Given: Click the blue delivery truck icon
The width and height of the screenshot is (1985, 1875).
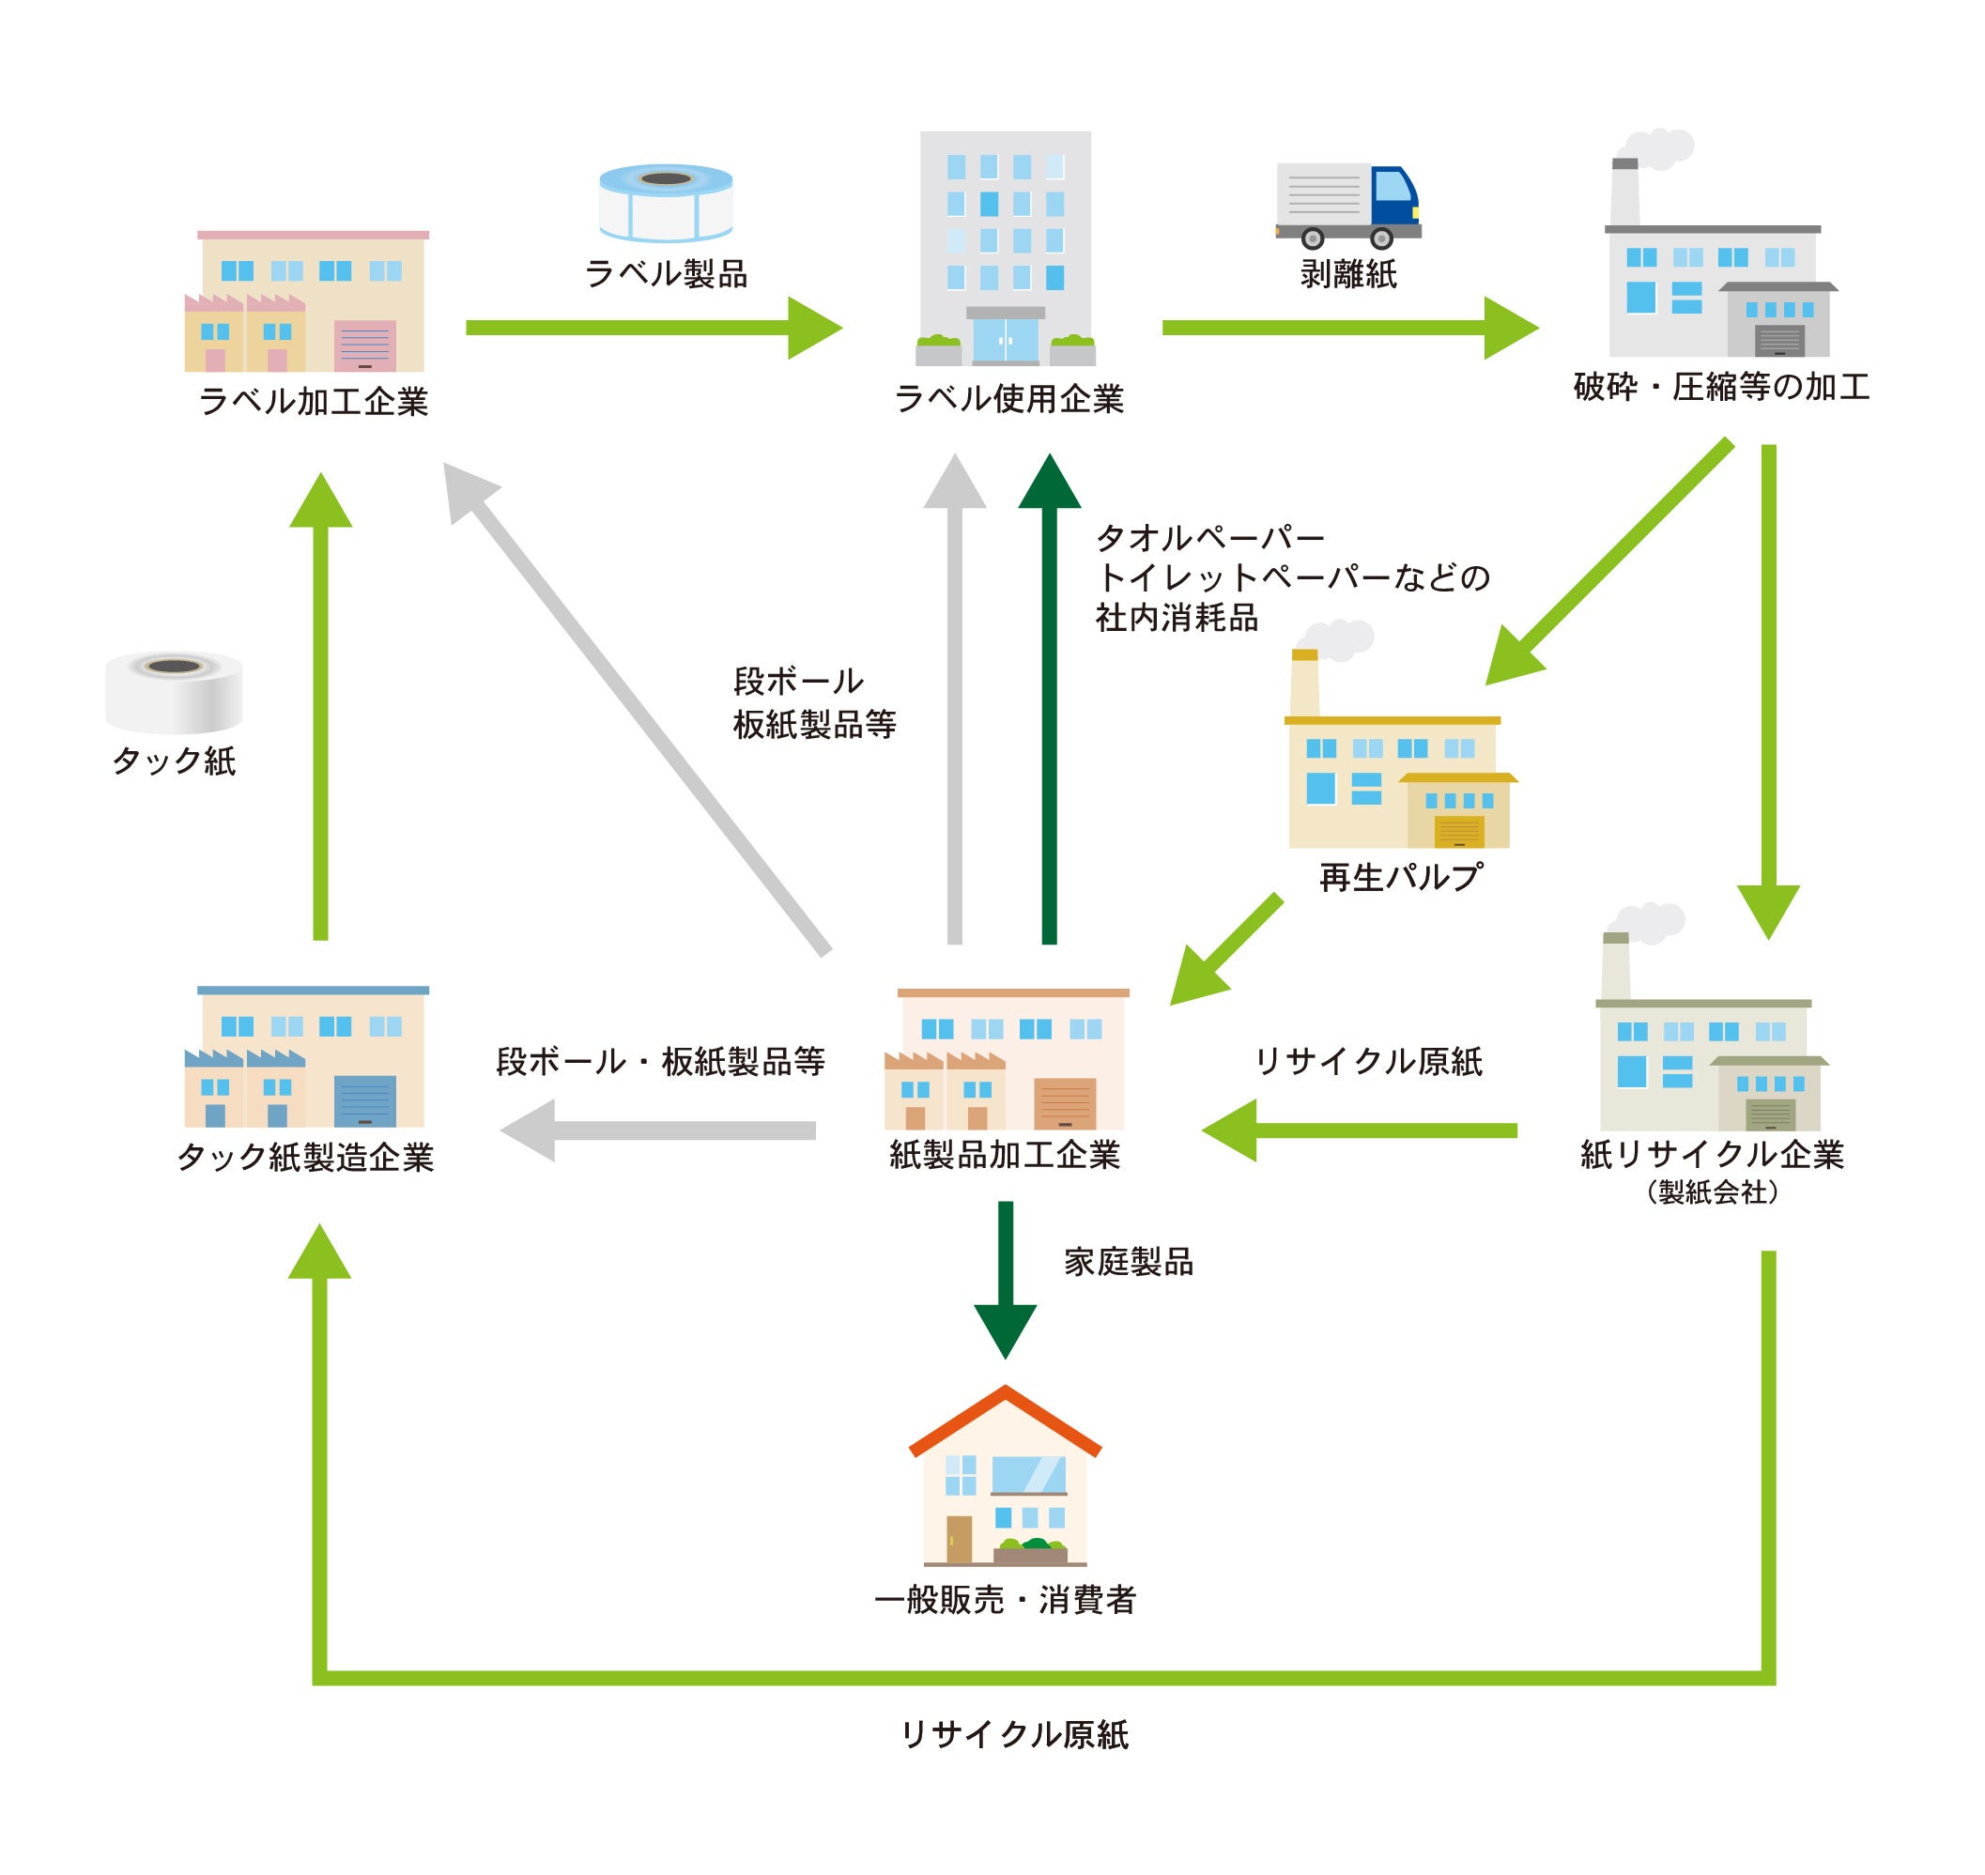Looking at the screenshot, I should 1346,206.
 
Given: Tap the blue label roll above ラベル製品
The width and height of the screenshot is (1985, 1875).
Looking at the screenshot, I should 666,203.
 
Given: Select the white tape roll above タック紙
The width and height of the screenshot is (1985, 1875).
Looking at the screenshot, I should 174,692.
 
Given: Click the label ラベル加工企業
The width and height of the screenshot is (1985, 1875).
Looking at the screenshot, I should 313,402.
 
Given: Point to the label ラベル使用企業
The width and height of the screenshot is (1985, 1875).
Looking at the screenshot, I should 1008,400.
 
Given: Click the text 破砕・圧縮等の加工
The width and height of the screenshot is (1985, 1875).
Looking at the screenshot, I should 1720,388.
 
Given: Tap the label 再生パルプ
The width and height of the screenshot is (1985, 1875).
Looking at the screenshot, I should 1400,878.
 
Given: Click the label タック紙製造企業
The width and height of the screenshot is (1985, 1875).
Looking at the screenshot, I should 306,1158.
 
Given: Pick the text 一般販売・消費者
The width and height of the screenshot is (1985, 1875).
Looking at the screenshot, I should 1005,1600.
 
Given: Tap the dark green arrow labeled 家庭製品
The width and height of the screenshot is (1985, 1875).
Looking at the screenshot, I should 1005,1281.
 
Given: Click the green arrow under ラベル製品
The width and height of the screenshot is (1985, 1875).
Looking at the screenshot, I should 650,328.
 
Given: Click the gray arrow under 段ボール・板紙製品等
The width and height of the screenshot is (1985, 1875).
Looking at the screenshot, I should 660,1130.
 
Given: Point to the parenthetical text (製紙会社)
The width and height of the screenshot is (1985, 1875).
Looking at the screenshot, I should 1711,1192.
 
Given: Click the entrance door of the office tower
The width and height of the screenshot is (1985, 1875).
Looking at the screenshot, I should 1005,341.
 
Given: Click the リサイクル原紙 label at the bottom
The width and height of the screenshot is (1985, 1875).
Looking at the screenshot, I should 1013,1734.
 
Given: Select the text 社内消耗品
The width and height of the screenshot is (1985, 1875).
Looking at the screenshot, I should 1177,619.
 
